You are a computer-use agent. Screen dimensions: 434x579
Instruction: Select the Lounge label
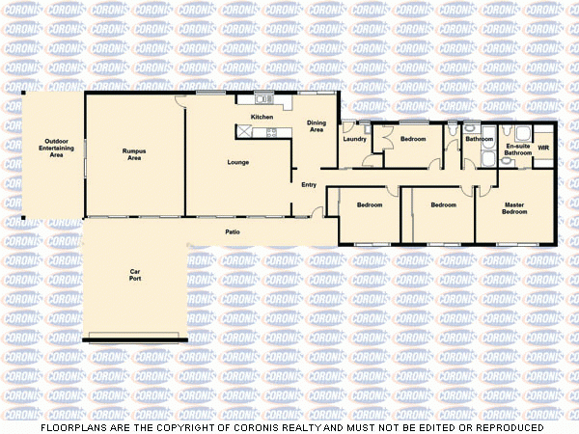pyautogui.click(x=238, y=162)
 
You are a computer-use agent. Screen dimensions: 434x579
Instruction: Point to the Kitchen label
pyautogui.click(x=262, y=118)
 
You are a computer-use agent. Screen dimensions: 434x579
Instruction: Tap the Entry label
pyautogui.click(x=309, y=184)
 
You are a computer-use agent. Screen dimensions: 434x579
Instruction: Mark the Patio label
pyautogui.click(x=233, y=232)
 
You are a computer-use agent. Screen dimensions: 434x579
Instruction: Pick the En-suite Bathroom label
pyautogui.click(x=518, y=149)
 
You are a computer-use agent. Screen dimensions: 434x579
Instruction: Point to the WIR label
pyautogui.click(x=543, y=149)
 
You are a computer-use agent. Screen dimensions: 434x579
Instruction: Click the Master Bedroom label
pyautogui.click(x=514, y=208)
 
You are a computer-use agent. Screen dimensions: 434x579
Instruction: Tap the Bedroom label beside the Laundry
pyautogui.click(x=413, y=140)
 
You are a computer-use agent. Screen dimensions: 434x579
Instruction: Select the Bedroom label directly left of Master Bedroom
pyautogui.click(x=443, y=204)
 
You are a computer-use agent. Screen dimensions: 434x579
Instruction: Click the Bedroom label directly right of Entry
pyautogui.click(x=370, y=204)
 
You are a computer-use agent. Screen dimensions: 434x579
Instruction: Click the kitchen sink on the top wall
pyautogui.click(x=261, y=99)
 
